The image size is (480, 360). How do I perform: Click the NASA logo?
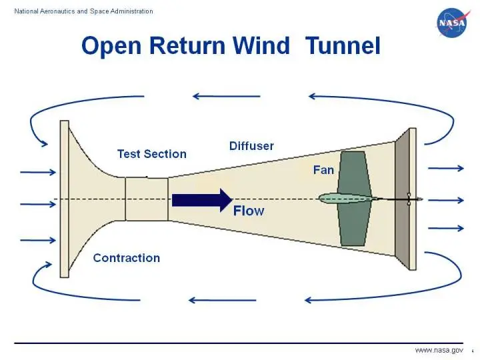[453, 24]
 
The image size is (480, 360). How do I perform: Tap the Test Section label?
[151, 154]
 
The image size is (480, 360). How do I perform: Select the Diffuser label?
[251, 146]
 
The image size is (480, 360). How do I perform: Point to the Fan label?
[323, 170]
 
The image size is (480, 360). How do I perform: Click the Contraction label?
[127, 258]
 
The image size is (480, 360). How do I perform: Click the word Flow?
[248, 211]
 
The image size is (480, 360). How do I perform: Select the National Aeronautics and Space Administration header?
[84, 11]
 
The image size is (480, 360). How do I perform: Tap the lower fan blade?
[353, 224]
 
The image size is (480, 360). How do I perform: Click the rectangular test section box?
[147, 199]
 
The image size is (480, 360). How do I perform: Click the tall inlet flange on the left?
[64, 199]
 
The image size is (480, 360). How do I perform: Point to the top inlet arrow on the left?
[38, 173]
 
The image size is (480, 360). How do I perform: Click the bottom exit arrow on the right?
[445, 228]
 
